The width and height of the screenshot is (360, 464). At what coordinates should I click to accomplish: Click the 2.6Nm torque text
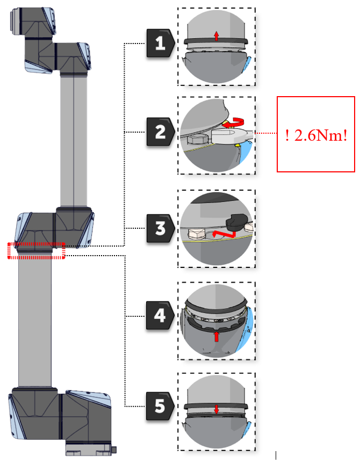316,134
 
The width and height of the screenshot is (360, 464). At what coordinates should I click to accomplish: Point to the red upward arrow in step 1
216,36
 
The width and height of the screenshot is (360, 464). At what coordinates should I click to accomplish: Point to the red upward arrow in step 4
216,336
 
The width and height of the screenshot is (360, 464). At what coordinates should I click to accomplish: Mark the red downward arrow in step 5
216,409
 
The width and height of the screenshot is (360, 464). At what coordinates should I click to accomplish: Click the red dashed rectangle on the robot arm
36,251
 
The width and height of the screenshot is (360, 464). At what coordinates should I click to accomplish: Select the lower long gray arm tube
35,322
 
